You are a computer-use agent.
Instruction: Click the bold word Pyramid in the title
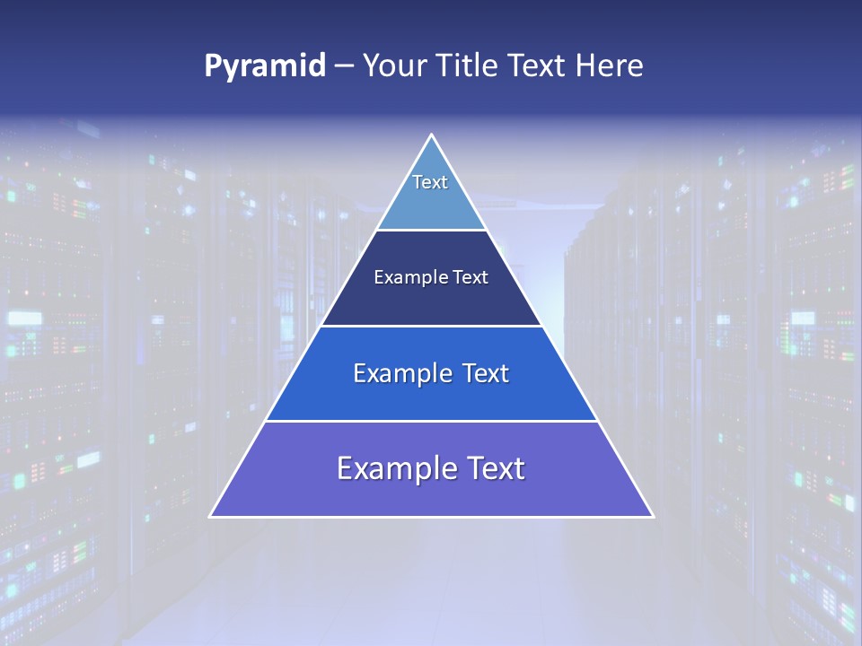tap(264, 66)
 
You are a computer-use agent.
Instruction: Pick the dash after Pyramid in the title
tap(343, 66)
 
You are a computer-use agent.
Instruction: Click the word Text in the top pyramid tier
tap(430, 182)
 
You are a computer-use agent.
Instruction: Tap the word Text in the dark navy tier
tap(471, 278)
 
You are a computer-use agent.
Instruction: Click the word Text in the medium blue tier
tap(486, 373)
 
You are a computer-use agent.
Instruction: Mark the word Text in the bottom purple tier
tap(496, 468)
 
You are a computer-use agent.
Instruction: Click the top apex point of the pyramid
tap(431, 135)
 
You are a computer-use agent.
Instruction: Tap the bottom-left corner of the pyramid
tap(211, 516)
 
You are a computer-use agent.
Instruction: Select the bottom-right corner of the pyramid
tap(652, 516)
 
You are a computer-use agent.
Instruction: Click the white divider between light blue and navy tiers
tap(431, 231)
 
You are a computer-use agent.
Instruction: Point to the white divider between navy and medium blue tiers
tap(431, 326)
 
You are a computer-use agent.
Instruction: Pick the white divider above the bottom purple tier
tap(431, 421)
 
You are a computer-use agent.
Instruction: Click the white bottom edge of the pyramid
tap(431, 517)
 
